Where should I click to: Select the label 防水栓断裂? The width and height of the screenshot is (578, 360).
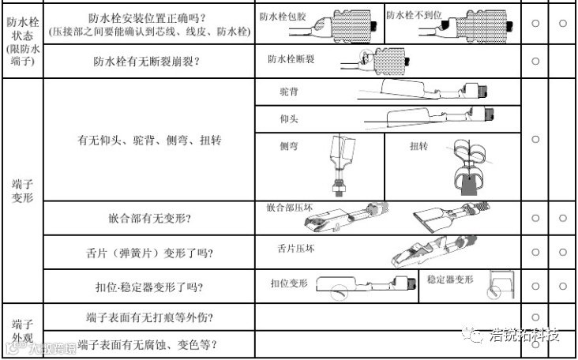(x=291, y=58)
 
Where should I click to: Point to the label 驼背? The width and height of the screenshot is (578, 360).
(x=288, y=92)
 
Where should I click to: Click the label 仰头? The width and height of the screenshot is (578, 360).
(x=288, y=119)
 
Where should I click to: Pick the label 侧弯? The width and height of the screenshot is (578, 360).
(x=288, y=146)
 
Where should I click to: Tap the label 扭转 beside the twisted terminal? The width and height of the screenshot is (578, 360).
(x=418, y=146)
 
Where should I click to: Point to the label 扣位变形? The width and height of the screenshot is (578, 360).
(x=289, y=282)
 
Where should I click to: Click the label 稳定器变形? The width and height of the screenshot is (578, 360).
(x=450, y=279)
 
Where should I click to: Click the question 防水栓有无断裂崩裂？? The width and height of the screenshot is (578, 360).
(x=149, y=62)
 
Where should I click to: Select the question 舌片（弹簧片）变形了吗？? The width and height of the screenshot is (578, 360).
(x=149, y=253)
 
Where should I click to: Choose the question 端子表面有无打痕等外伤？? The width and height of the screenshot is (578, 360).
(x=149, y=318)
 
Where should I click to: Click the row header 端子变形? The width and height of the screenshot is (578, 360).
(x=21, y=190)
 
